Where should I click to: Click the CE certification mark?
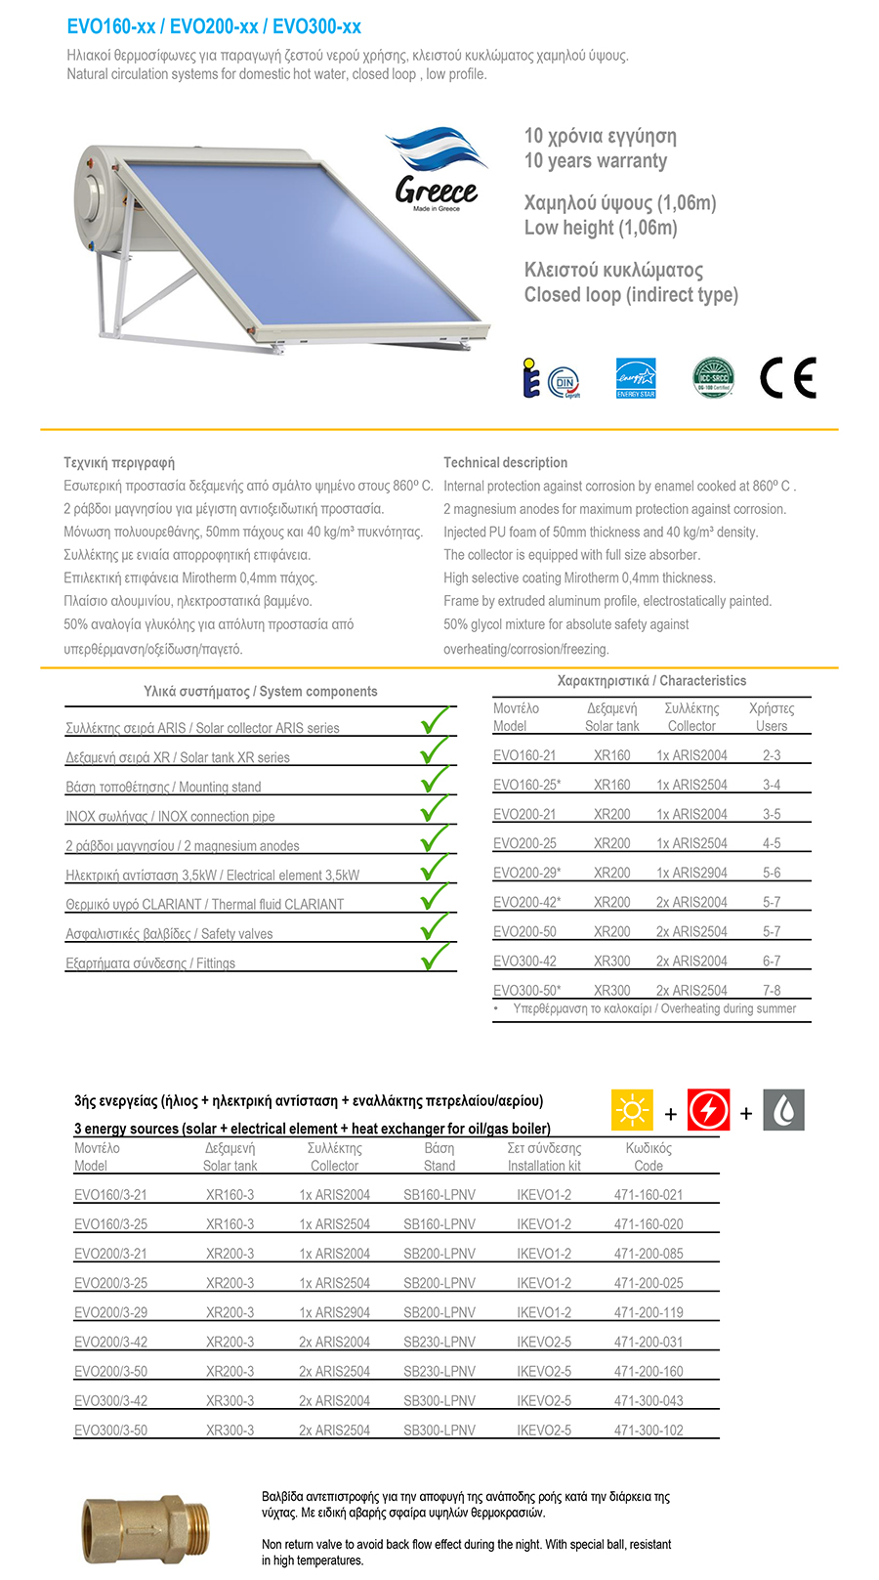pyautogui.click(x=787, y=378)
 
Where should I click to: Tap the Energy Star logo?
pyautogui.click(x=636, y=378)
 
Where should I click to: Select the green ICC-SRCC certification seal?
pyautogui.click(x=713, y=377)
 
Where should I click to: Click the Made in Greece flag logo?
pyautogui.click(x=437, y=168)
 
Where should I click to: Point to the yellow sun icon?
pyautogui.click(x=632, y=1111)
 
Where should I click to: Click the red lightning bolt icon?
pyautogui.click(x=708, y=1111)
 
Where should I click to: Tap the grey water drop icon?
pyautogui.click(x=783, y=1111)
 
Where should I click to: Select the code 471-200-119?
pyautogui.click(x=649, y=1312)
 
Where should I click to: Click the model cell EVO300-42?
pyautogui.click(x=524, y=961)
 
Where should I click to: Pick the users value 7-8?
pyautogui.click(x=772, y=990)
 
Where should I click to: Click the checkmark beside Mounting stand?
pyautogui.click(x=435, y=779)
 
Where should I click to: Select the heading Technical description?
pyautogui.click(x=505, y=462)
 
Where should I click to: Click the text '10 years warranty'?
pyautogui.click(x=596, y=161)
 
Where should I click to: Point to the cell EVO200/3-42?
pyautogui.click(x=110, y=1342)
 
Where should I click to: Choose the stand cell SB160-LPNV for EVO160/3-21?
pyautogui.click(x=439, y=1195)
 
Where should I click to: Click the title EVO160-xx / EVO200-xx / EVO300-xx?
pyautogui.click(x=214, y=26)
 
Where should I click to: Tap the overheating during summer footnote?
pyautogui.click(x=654, y=1008)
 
